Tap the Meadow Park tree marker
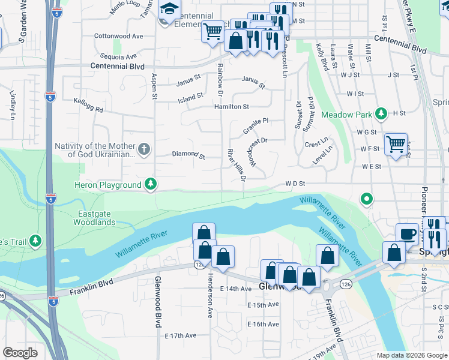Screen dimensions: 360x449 [380, 113]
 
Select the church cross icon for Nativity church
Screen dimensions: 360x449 [143, 149]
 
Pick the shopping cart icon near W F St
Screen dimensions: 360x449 [396, 144]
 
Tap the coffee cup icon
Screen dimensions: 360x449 [407, 234]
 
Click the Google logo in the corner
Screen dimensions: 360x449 [20, 353]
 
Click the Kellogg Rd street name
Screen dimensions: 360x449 [88, 106]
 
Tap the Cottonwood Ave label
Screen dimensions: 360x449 [119, 36]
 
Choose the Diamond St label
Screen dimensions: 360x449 [188, 155]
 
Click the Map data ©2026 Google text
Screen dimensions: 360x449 [411, 355]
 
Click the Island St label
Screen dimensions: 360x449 [191, 96]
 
